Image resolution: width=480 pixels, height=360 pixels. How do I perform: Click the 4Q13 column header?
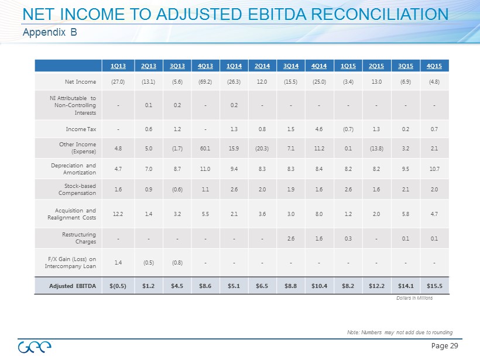click(205, 65)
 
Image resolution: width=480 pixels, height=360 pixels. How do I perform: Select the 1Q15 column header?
click(348, 65)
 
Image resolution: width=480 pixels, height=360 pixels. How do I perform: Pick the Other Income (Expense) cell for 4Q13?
click(205, 148)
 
